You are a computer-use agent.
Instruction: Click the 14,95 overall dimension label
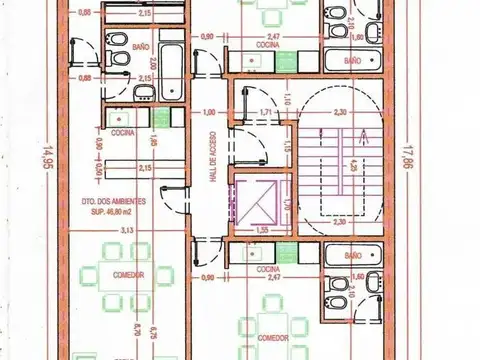point(45,160)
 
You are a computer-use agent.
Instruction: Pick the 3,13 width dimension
point(126,231)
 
